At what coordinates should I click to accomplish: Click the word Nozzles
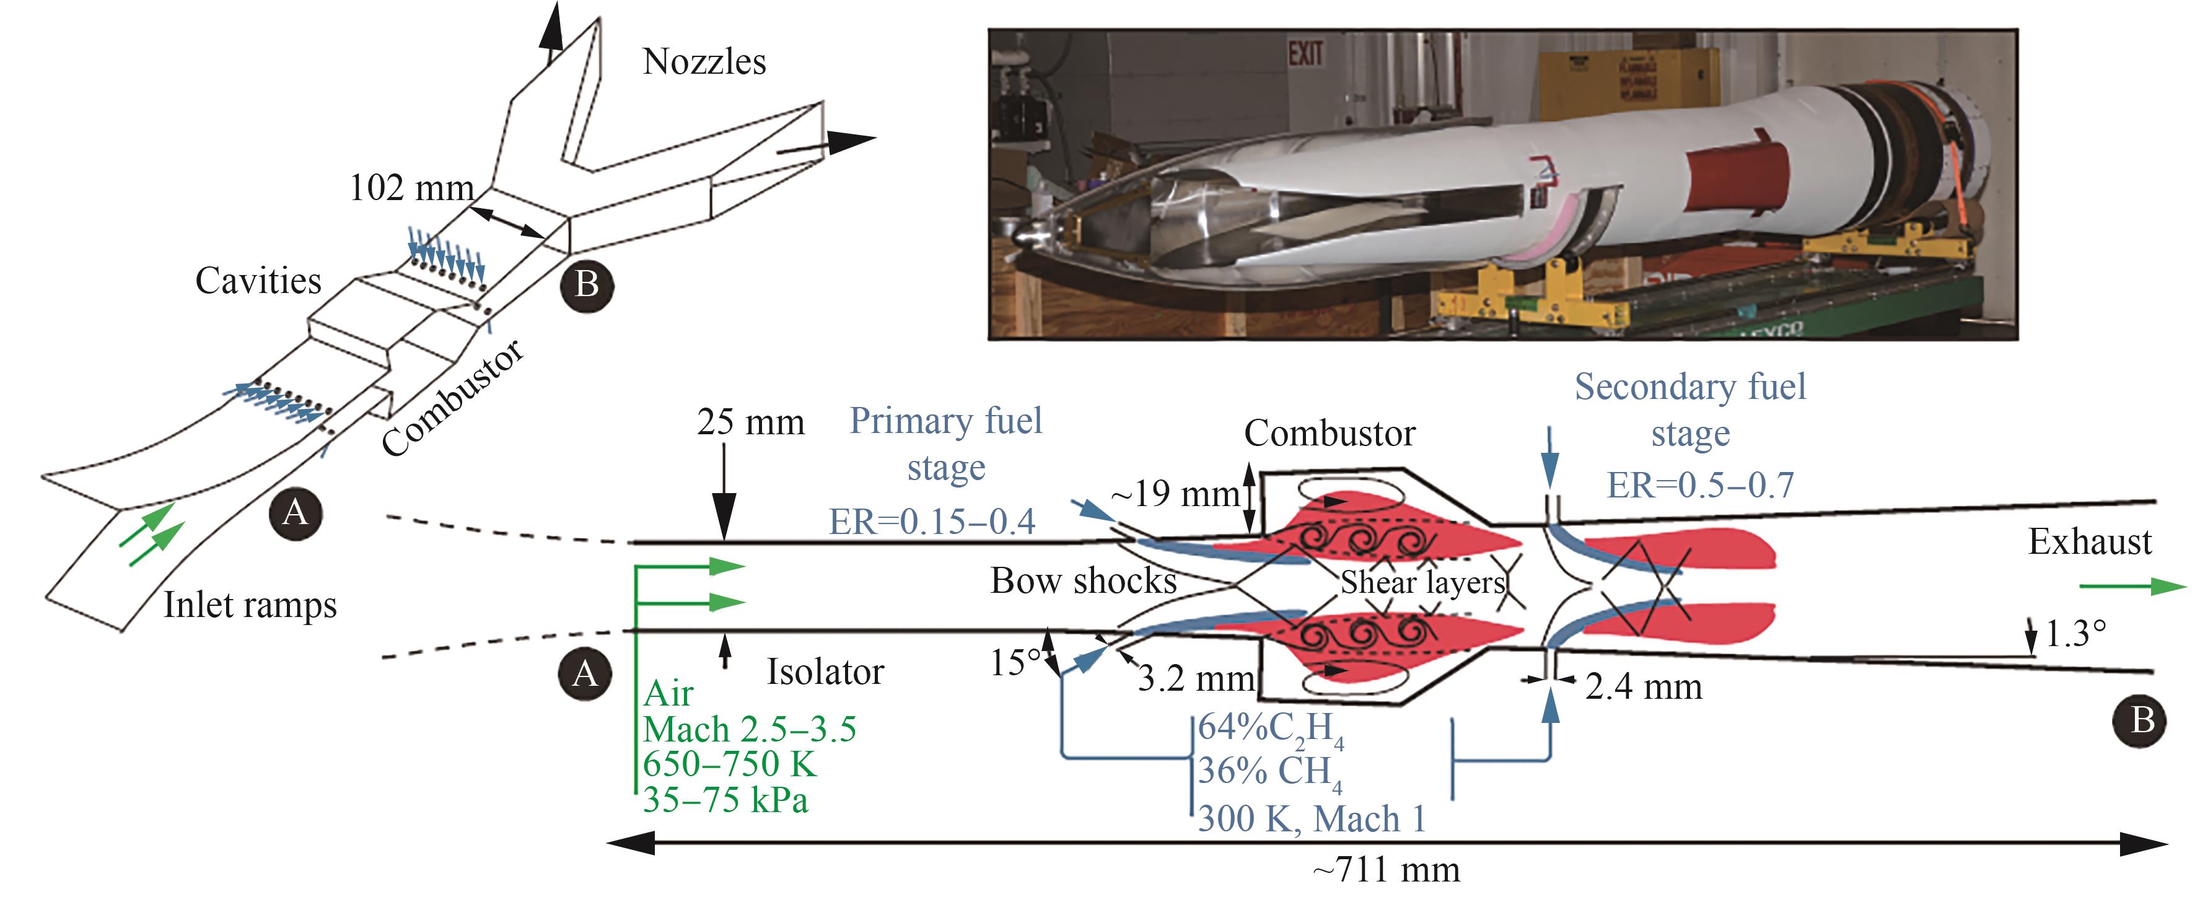pyautogui.click(x=704, y=61)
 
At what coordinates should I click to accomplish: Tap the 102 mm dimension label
pyautogui.click(x=411, y=188)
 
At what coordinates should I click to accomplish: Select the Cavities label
pyautogui.click(x=258, y=280)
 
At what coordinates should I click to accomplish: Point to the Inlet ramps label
pyautogui.click(x=250, y=605)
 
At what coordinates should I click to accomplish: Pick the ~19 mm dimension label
pyautogui.click(x=1175, y=494)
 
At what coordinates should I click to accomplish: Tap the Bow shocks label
pyautogui.click(x=1083, y=581)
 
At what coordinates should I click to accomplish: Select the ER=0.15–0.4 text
pyautogui.click(x=932, y=522)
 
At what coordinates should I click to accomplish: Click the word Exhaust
pyautogui.click(x=2089, y=542)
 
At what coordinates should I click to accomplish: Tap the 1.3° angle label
pyautogui.click(x=2075, y=634)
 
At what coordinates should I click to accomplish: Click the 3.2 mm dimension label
pyautogui.click(x=1196, y=679)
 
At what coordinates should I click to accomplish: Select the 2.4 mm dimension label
pyautogui.click(x=1644, y=686)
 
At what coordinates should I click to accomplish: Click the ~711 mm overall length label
pyautogui.click(x=1387, y=870)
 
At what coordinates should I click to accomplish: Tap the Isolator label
pyautogui.click(x=825, y=672)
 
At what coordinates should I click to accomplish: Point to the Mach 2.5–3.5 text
pyautogui.click(x=749, y=729)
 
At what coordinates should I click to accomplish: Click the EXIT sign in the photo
pyautogui.click(x=1305, y=55)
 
